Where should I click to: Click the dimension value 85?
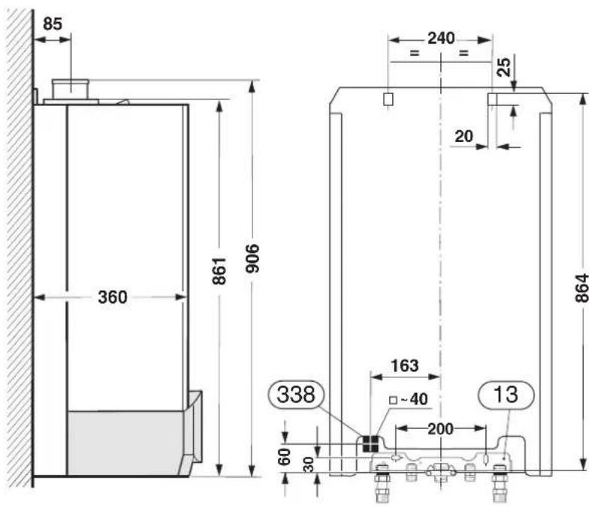(53, 24)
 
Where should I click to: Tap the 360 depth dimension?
(113, 297)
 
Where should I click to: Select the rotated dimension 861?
(219, 271)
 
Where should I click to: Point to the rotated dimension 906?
(252, 259)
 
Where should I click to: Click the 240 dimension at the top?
(441, 38)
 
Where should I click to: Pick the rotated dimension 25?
(504, 67)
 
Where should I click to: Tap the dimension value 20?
(464, 136)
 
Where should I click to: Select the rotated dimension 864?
(581, 288)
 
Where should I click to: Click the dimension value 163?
(405, 366)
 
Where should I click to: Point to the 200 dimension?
(440, 429)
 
